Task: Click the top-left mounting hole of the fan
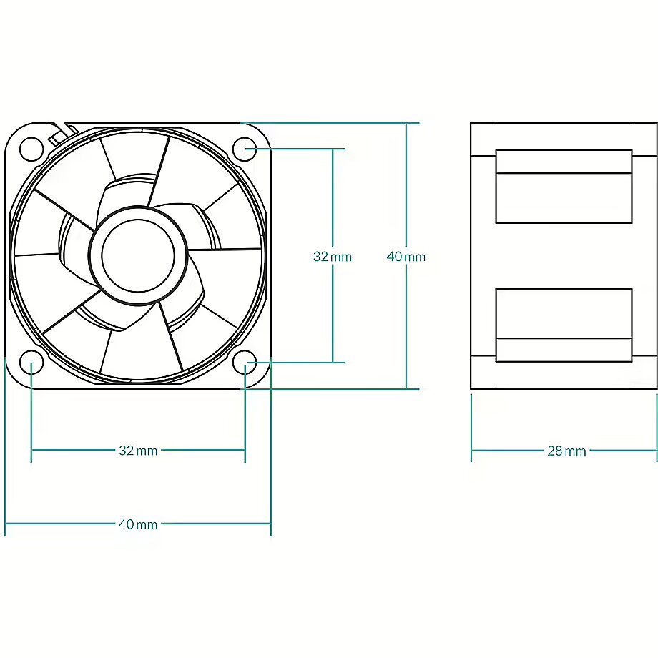coord(31,149)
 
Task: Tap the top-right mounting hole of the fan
coord(245,149)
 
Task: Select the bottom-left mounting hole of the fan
coord(31,362)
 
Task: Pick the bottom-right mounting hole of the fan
coord(245,362)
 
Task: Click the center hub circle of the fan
coord(138,255)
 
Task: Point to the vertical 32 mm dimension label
coord(333,256)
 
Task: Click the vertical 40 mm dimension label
coord(406,256)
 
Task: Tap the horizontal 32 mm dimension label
coord(138,451)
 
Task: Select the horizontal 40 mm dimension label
coord(138,524)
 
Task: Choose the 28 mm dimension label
coord(566,451)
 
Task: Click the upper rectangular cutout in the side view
coord(564,187)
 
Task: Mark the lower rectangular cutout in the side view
coord(564,325)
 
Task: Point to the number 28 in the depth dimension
coord(555,451)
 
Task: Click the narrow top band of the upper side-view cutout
coord(564,162)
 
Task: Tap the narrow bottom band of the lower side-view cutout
coord(564,350)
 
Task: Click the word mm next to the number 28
coord(576,451)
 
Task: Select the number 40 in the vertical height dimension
coord(395,256)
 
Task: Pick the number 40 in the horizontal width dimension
coord(127,524)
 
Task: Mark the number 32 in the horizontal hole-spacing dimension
coord(127,451)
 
